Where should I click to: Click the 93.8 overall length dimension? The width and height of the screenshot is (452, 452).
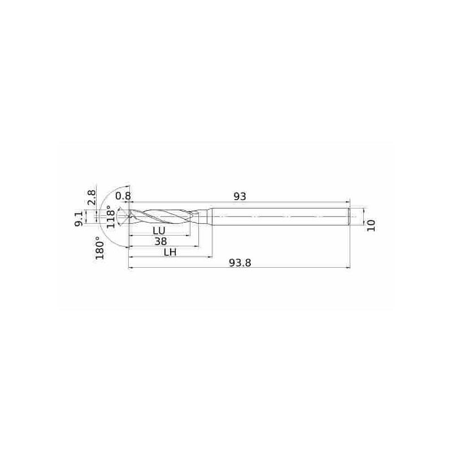pyautogui.click(x=240, y=263)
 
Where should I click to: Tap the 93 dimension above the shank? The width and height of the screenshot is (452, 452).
pyautogui.click(x=240, y=196)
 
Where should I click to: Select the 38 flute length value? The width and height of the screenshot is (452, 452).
pyautogui.click(x=160, y=241)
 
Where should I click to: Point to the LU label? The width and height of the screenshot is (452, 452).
pyautogui.click(x=159, y=231)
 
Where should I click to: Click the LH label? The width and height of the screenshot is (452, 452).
pyautogui.click(x=170, y=252)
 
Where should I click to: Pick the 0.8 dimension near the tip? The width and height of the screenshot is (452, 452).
pyautogui.click(x=123, y=196)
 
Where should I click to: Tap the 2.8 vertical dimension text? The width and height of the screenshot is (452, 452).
pyautogui.click(x=92, y=197)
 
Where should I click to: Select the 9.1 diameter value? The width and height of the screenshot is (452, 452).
pyautogui.click(x=79, y=219)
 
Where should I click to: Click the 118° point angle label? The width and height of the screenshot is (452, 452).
pyautogui.click(x=110, y=216)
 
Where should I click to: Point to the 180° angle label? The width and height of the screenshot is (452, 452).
pyautogui.click(x=99, y=248)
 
